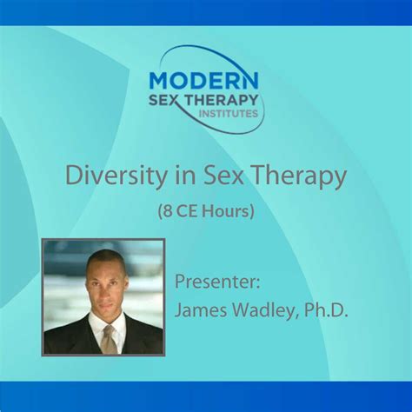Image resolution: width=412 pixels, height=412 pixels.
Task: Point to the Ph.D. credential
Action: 324,309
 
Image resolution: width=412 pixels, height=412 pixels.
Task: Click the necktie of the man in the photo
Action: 108,341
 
